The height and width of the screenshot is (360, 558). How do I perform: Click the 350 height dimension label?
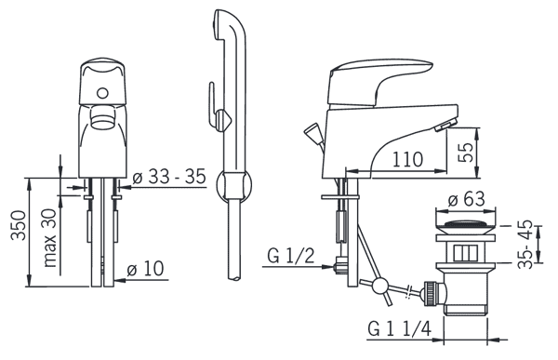19,225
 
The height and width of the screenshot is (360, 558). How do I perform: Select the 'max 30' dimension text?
50,237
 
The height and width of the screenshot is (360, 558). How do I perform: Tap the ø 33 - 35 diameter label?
169,176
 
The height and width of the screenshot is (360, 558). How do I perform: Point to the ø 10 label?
146,269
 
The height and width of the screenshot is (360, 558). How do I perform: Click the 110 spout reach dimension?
408,159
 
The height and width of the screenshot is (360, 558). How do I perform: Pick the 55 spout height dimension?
466,152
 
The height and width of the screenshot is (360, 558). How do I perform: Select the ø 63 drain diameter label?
466,199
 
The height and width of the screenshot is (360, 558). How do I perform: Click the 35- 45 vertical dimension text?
525,245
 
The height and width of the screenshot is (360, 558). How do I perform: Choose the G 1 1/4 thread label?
399,328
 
